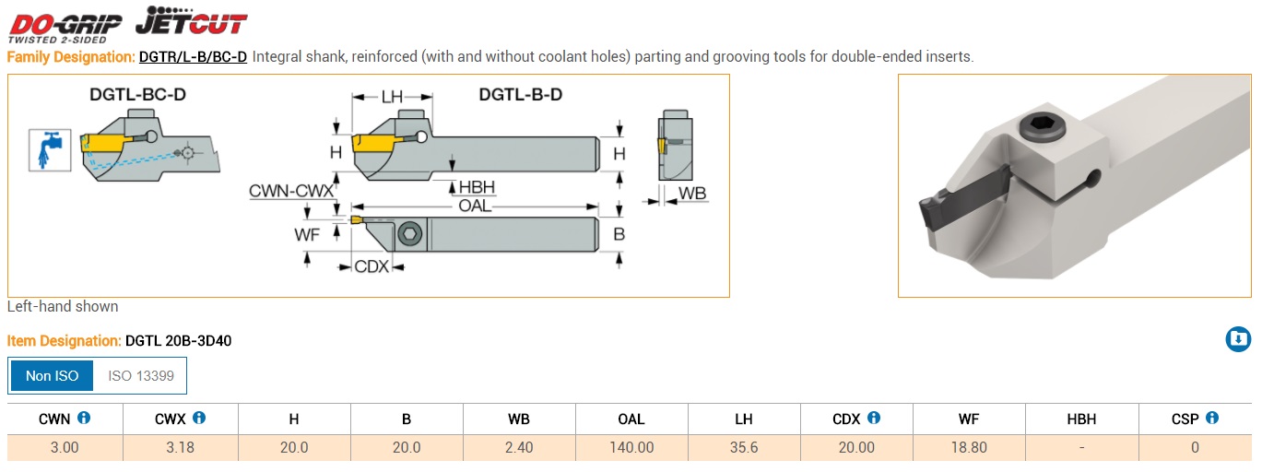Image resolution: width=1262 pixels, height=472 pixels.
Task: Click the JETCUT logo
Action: click(191, 20)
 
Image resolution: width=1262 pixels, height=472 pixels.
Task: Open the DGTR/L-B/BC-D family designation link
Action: click(193, 57)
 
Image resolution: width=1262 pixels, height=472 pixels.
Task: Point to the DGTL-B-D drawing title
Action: click(520, 94)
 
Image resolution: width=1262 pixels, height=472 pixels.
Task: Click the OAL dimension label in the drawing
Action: click(475, 206)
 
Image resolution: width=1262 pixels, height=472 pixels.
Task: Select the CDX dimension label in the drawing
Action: click(372, 266)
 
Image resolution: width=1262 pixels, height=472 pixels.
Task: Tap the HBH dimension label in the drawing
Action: click(477, 188)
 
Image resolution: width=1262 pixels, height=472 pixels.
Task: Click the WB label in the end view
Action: click(692, 195)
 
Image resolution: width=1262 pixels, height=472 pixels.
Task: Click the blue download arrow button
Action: click(1238, 339)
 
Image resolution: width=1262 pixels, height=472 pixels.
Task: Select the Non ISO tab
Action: click(53, 375)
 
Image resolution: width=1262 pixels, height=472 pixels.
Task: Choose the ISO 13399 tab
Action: click(141, 375)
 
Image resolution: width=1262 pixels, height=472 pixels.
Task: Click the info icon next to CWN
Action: click(84, 418)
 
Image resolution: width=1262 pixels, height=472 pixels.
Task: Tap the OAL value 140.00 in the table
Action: click(631, 448)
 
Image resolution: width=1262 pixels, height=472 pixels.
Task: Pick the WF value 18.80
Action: click(968, 448)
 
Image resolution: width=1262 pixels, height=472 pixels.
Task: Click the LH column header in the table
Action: click(744, 419)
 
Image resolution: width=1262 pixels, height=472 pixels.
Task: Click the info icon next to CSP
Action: click(1212, 418)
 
